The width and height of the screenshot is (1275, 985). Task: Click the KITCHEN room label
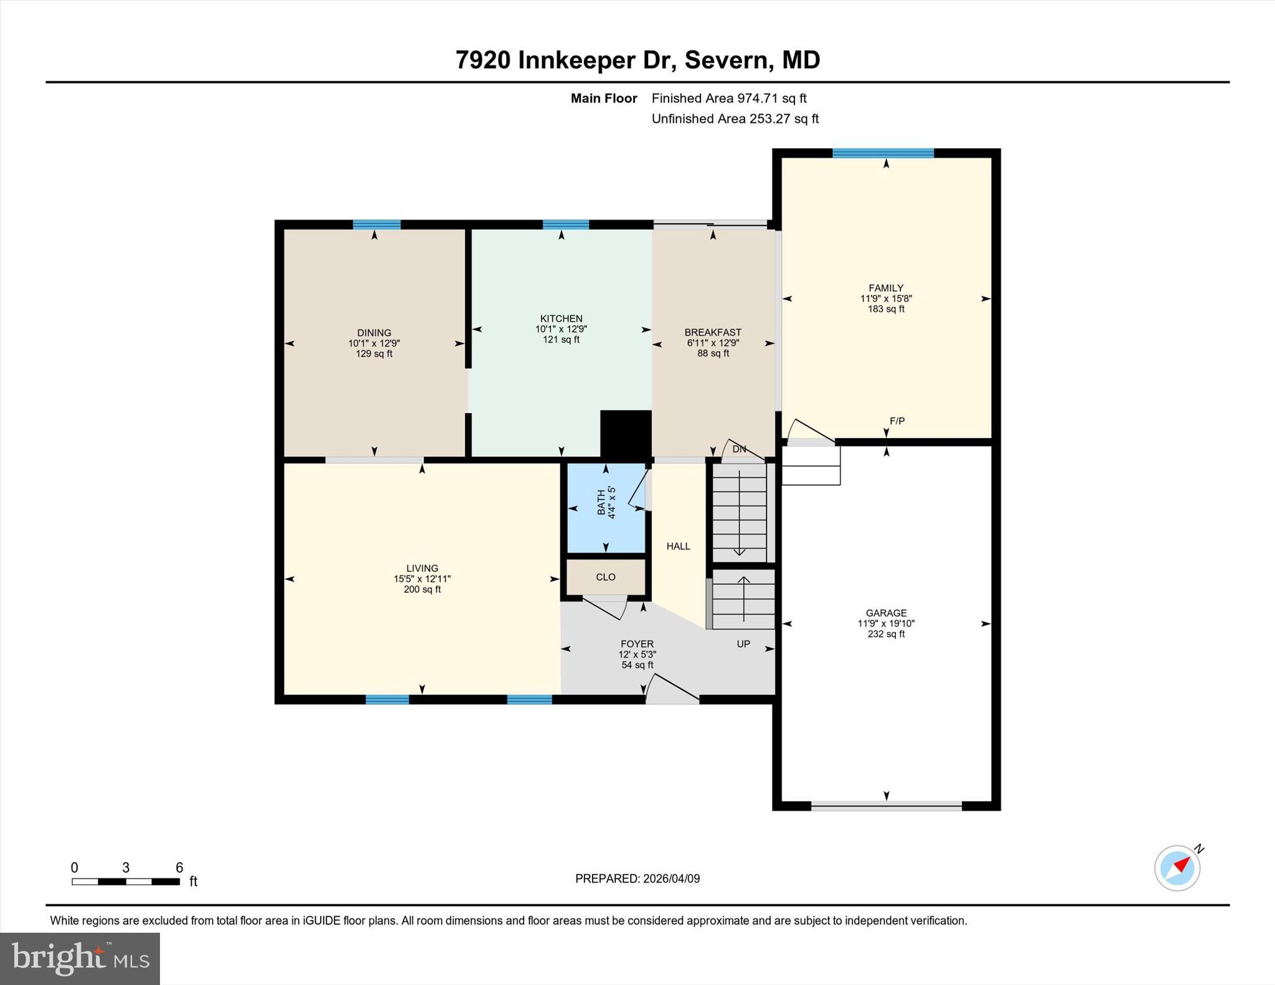[561, 319]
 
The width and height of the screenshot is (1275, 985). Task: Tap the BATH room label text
[601, 502]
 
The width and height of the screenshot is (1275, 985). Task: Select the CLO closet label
[605, 577]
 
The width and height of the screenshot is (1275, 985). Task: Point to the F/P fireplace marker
[896, 421]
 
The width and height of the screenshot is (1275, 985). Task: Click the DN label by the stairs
[739, 449]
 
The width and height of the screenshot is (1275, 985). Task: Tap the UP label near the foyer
[743, 644]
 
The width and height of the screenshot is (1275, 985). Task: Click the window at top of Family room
[883, 153]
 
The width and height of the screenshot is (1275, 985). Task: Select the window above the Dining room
[376, 225]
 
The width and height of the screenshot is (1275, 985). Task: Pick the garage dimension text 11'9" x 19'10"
[886, 623]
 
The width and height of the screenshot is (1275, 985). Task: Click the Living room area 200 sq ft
[422, 589]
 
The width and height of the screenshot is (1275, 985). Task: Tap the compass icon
[1177, 868]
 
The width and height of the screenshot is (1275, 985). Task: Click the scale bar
[126, 881]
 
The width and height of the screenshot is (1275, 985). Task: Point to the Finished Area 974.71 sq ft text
[728, 98]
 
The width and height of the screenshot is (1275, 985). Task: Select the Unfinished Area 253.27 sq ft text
[735, 119]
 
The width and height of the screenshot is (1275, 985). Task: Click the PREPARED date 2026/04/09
[637, 879]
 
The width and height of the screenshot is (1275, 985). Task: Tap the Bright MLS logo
[80, 958]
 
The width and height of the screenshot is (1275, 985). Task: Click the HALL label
[678, 546]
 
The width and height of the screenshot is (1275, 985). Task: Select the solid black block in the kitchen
[626, 434]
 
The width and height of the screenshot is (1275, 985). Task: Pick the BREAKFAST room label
[713, 332]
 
